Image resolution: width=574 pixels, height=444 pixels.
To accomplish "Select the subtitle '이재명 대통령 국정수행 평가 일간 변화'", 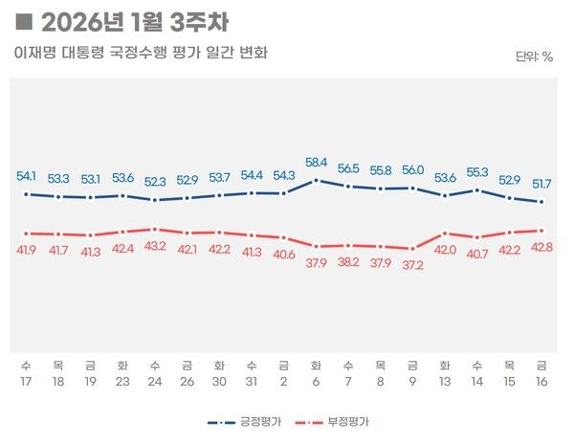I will pyautogui.click(x=141, y=52).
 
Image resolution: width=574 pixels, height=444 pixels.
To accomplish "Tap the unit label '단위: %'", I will pyautogui.click(x=535, y=56).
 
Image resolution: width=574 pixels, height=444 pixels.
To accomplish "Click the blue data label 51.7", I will pyautogui.click(x=542, y=183).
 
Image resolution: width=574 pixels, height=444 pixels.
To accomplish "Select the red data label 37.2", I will pyautogui.click(x=413, y=265).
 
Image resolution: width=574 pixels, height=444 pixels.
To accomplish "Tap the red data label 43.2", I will pyautogui.click(x=154, y=247).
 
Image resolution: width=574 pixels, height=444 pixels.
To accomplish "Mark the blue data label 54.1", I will pyautogui.click(x=27, y=176).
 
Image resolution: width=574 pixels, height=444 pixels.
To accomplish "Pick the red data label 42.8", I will pyautogui.click(x=542, y=248).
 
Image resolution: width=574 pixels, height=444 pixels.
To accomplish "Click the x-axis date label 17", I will pyautogui.click(x=26, y=380).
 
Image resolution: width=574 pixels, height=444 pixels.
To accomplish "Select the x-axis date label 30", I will pyautogui.click(x=219, y=380).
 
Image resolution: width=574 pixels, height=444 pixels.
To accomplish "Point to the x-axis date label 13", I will pyautogui.click(x=445, y=380).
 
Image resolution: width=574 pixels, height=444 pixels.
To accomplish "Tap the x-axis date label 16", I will pyautogui.click(x=542, y=380).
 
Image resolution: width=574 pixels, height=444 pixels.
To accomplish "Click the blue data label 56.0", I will pyautogui.click(x=413, y=170).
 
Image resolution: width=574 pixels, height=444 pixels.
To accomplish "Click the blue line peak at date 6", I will pyautogui.click(x=316, y=180).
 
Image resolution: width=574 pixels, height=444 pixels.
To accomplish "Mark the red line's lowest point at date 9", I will pyautogui.click(x=413, y=248).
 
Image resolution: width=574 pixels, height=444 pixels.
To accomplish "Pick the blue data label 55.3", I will pyautogui.click(x=477, y=172).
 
